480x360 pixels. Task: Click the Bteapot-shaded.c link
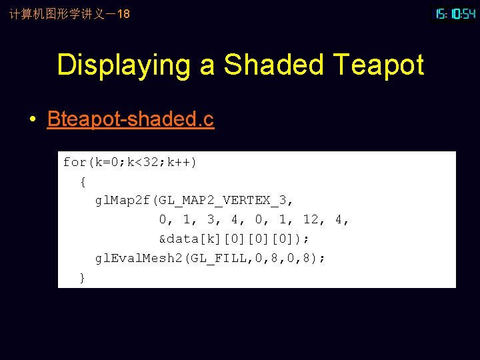[131, 119]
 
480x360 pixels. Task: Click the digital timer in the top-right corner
[455, 13]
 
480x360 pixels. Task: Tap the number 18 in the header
[123, 13]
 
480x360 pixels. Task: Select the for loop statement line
[130, 162]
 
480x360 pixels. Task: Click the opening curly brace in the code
[82, 181]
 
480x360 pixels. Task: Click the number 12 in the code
[311, 220]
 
